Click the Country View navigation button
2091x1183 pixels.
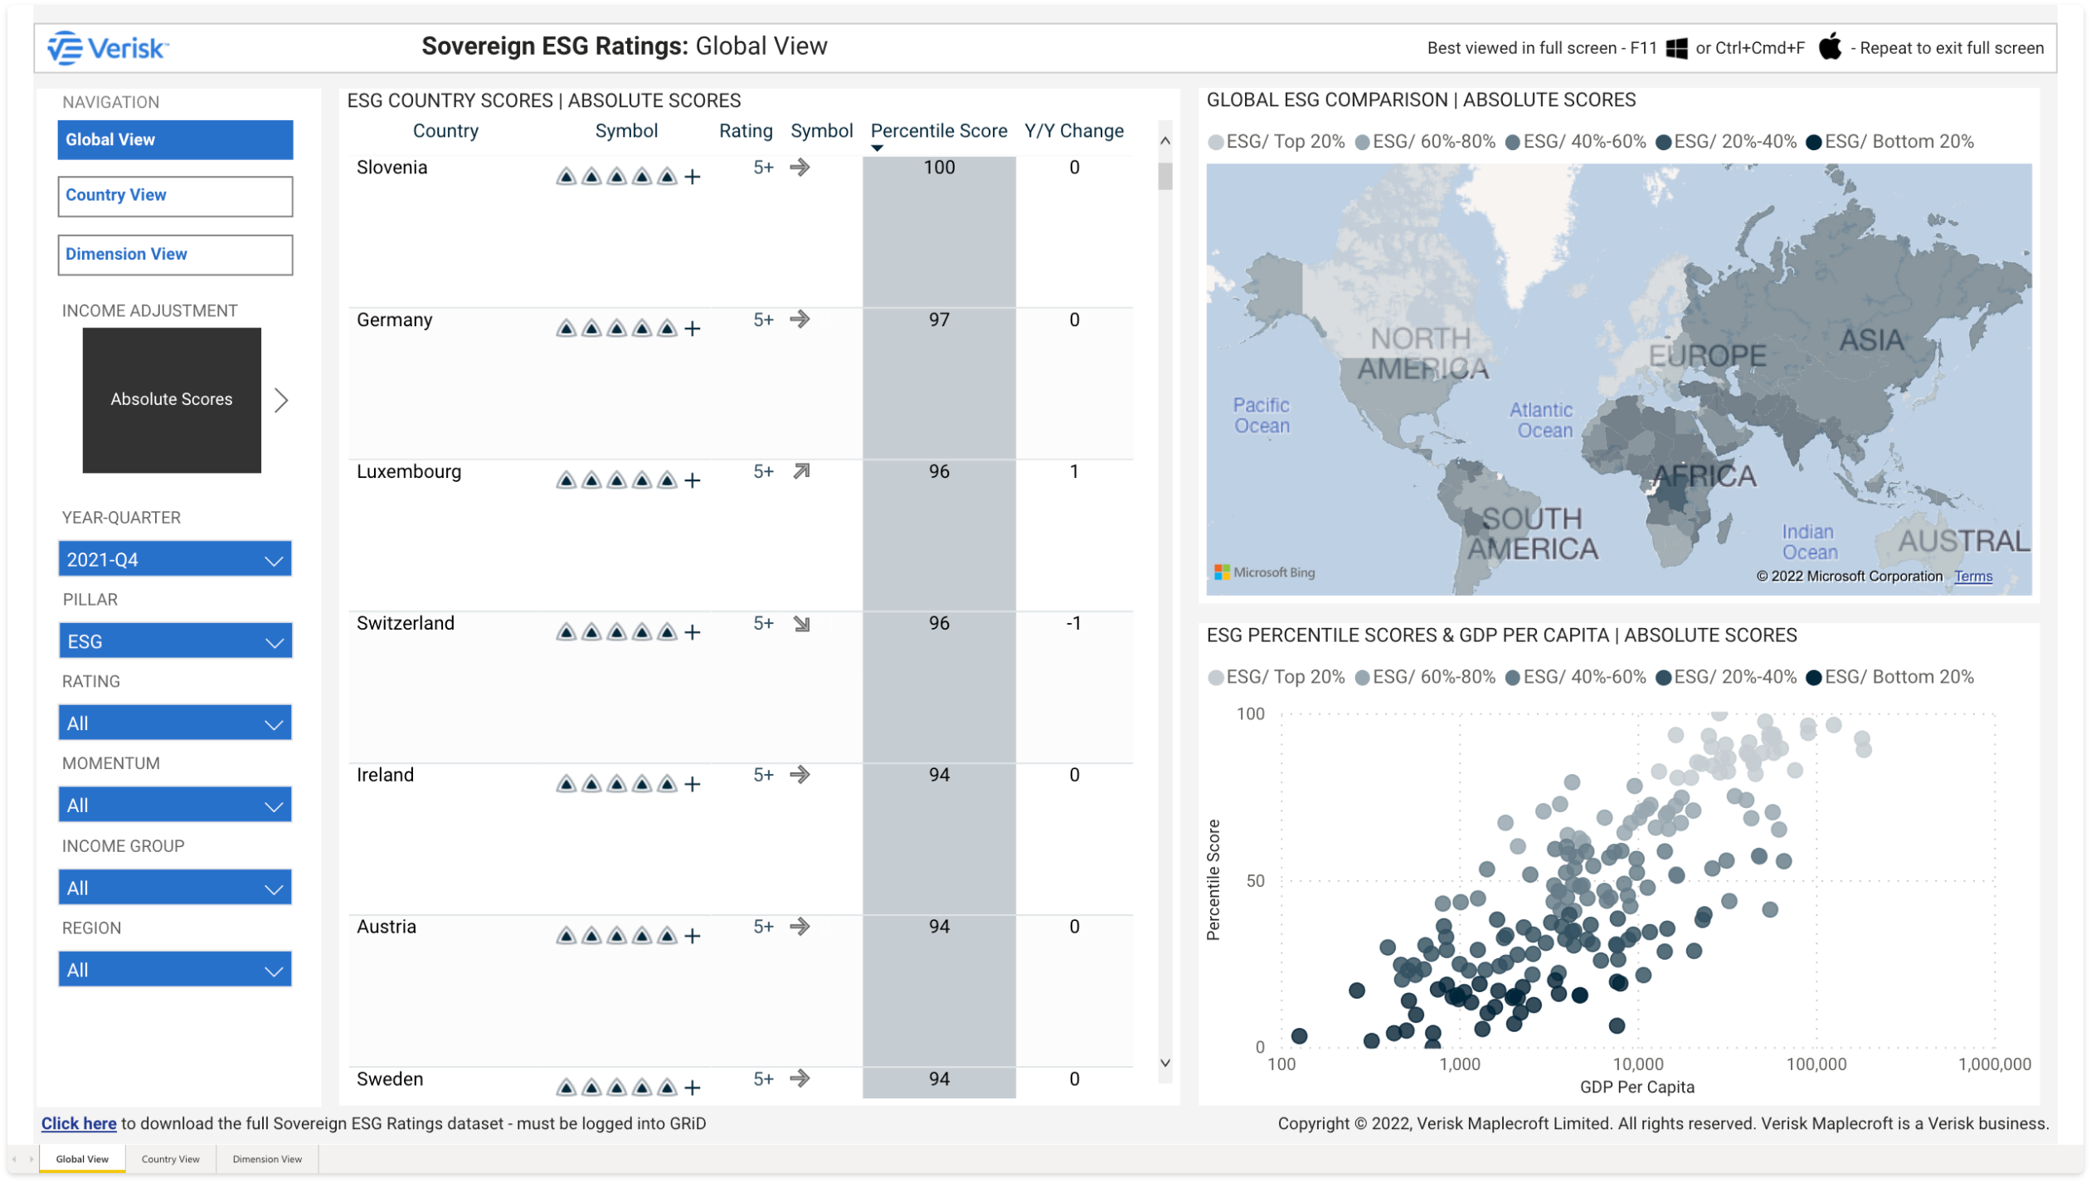coord(174,196)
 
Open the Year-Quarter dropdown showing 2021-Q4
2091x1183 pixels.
coord(174,559)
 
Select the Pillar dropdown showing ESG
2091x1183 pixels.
coord(174,641)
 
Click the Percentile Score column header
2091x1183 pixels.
coord(938,131)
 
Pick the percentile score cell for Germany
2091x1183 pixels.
coord(938,320)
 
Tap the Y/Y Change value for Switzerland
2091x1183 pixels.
coord(1073,624)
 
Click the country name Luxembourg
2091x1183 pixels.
coord(408,472)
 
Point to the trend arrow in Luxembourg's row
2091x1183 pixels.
coord(800,472)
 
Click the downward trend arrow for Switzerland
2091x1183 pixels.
coord(800,624)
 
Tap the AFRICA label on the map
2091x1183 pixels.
coord(1705,476)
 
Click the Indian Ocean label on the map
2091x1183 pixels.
coord(1809,542)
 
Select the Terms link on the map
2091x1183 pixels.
coord(1972,577)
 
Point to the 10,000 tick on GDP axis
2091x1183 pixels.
coord(1637,1064)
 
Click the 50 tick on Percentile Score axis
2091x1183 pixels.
coord(1255,881)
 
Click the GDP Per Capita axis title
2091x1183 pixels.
coord(1636,1088)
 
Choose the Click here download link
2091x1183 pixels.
coord(79,1124)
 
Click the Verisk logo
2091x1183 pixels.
coord(108,48)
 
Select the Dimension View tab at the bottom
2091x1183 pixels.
coord(267,1160)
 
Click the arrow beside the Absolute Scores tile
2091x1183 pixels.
coord(282,401)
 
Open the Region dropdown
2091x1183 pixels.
coord(174,970)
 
